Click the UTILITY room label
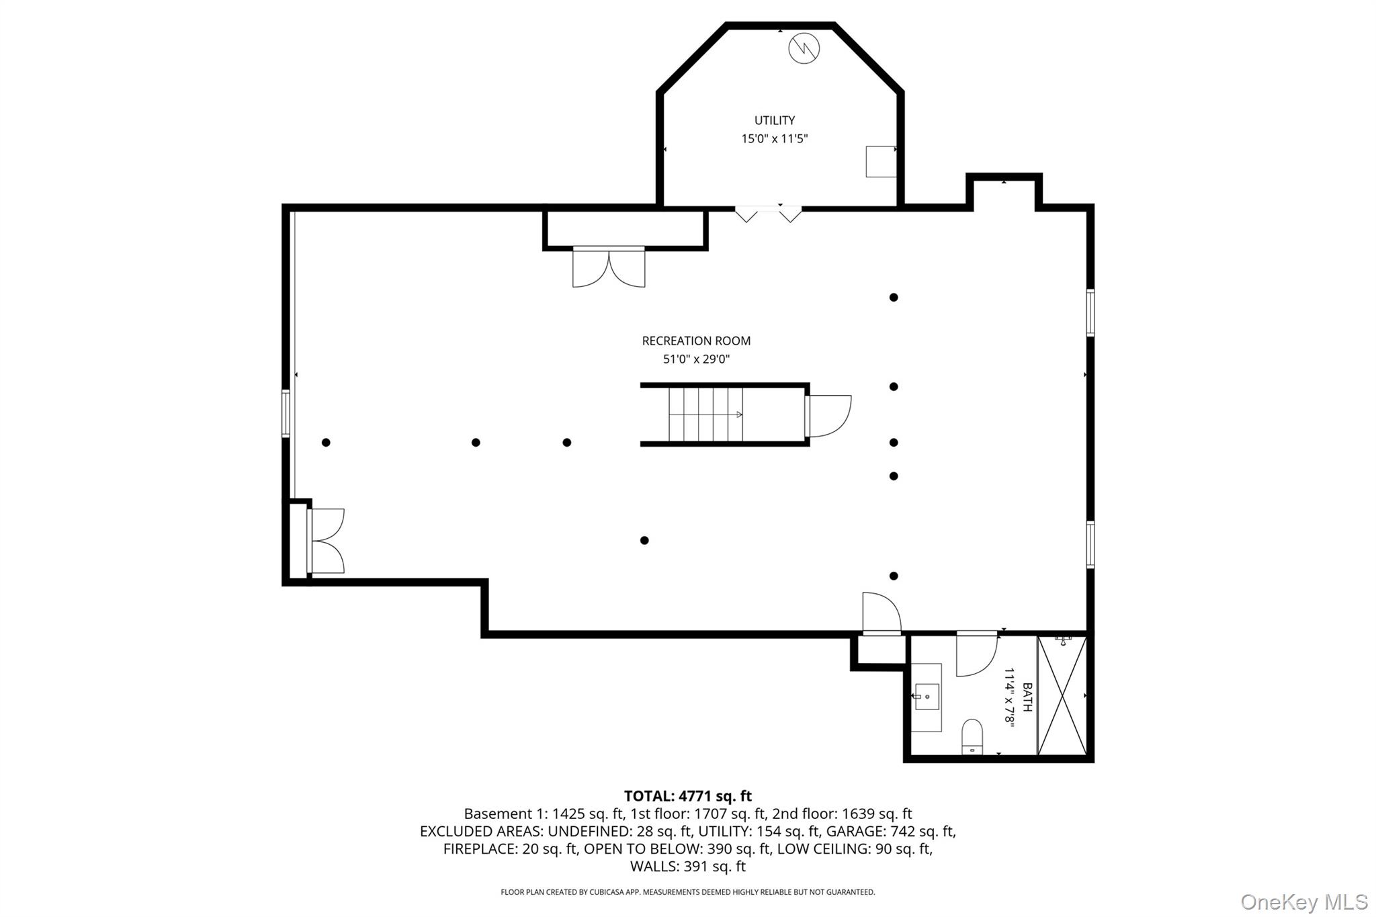click(x=774, y=120)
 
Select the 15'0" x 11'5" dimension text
click(x=774, y=139)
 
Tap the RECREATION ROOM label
click(x=696, y=341)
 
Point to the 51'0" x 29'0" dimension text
click(x=696, y=359)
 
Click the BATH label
click(x=1027, y=697)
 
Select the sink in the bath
click(x=927, y=697)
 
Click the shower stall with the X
click(x=1062, y=695)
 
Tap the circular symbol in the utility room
click(x=804, y=48)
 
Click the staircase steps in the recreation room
click(x=705, y=414)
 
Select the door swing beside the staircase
click(x=830, y=416)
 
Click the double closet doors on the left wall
click(x=327, y=541)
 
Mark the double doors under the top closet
click(x=609, y=267)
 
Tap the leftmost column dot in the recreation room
click(x=326, y=442)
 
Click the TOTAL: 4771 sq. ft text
click(x=688, y=796)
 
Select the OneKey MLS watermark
click(x=1304, y=901)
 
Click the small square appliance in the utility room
click(x=881, y=161)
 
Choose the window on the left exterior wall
click(x=286, y=413)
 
